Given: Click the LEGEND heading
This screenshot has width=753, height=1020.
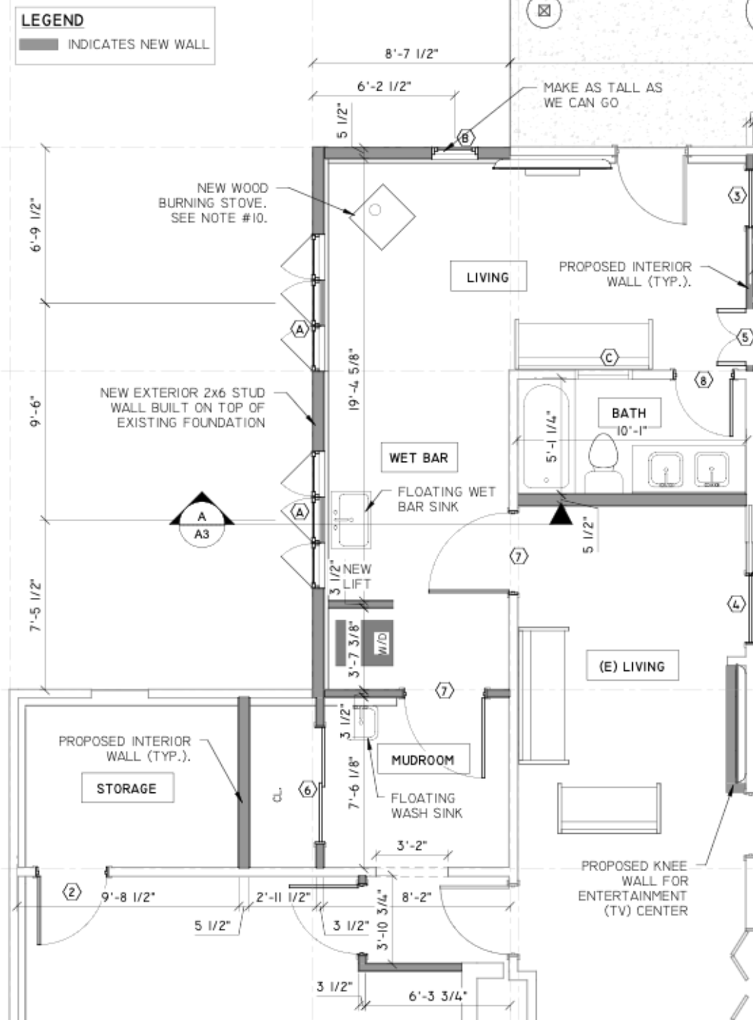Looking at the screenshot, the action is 53,20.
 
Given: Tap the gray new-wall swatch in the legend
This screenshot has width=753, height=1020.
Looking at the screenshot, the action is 39,44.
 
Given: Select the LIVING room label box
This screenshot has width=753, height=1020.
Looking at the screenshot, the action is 488,276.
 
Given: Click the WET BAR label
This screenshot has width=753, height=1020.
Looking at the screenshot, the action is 419,457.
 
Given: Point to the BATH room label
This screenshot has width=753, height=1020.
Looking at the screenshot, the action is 629,412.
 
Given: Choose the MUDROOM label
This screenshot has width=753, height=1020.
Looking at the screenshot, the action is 423,759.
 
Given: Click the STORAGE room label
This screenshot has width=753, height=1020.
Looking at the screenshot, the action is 127,787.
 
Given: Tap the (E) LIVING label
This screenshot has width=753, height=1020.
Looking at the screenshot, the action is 632,665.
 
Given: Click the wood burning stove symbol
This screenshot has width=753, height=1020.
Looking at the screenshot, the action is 382,217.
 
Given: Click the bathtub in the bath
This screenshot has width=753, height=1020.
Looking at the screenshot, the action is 546,436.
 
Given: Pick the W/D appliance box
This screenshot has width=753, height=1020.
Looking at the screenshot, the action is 377,643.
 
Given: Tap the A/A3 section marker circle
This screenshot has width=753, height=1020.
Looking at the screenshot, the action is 202,525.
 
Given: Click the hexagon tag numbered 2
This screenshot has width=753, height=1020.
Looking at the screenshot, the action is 72,892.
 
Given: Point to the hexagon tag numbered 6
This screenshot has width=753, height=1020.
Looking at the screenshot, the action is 308,790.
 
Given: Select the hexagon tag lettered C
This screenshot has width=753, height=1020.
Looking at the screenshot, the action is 610,358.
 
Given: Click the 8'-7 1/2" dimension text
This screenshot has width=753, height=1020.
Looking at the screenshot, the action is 411,54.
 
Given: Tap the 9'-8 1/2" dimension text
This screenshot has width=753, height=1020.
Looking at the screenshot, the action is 129,896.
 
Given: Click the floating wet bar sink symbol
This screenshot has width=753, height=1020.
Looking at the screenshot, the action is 351,520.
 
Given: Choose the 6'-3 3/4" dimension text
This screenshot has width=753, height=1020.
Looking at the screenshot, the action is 438,995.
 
